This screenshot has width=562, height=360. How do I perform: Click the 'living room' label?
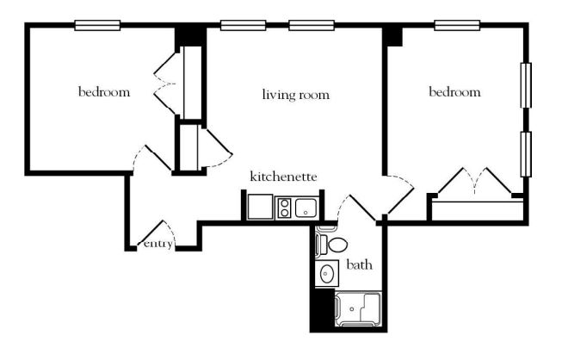tap(296, 95)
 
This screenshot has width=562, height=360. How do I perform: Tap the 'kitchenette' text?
tap(283, 177)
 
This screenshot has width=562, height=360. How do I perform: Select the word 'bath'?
tap(360, 264)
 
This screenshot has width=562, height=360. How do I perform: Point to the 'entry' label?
tap(158, 244)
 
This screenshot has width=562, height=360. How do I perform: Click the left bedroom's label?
tap(104, 92)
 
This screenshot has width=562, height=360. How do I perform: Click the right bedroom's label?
tap(454, 92)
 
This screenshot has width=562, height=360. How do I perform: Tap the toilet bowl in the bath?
tap(337, 245)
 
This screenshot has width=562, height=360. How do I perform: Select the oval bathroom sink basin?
tap(326, 274)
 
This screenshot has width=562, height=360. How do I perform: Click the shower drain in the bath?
tap(352, 309)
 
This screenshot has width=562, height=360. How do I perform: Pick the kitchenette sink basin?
tap(306, 208)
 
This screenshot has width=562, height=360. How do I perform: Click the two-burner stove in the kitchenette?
tap(285, 208)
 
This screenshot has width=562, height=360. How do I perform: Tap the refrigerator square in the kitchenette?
tap(260, 207)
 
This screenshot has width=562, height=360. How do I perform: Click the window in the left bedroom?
tap(97, 26)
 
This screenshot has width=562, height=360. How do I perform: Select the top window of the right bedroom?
tap(457, 26)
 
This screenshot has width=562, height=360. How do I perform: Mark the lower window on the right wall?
tap(526, 154)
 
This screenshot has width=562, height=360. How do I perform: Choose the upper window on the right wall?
tap(526, 85)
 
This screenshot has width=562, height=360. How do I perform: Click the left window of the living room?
tap(243, 26)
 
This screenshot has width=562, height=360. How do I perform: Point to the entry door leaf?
tap(151, 233)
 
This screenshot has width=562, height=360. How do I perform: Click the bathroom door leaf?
tap(362, 208)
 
